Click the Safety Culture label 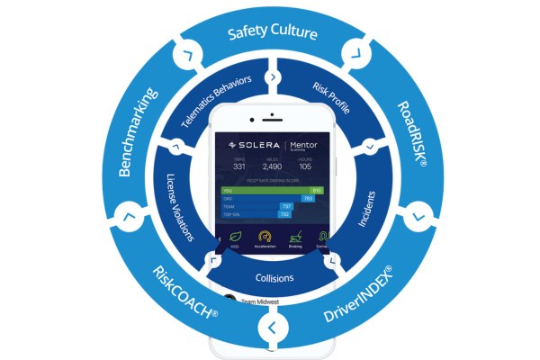click(x=272, y=34)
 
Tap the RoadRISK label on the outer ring click(x=417, y=136)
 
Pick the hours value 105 click(x=305, y=166)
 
